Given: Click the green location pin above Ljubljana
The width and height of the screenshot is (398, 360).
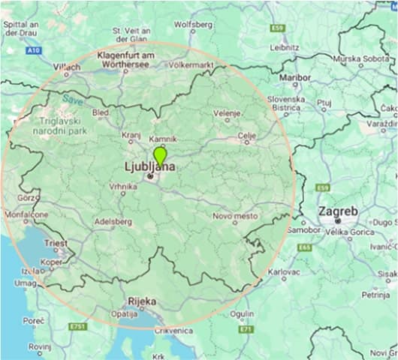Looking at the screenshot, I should (x=159, y=156).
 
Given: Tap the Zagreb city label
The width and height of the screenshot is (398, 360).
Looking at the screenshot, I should (x=337, y=211).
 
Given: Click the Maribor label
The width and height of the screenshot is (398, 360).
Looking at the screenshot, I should (x=294, y=77).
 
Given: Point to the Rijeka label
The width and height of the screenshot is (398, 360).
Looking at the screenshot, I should (x=141, y=301).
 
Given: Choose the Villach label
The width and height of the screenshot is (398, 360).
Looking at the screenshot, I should (x=66, y=67).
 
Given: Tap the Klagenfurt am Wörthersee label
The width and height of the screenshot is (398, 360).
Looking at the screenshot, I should (x=127, y=60).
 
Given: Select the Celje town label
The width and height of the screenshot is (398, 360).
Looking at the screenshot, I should (x=246, y=135).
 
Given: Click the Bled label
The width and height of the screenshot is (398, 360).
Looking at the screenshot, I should (x=100, y=112).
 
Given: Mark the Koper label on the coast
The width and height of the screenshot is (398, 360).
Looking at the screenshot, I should (x=52, y=262).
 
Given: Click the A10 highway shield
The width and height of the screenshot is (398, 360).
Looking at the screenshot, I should (x=32, y=50).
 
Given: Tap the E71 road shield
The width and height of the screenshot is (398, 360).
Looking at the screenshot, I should (x=246, y=328).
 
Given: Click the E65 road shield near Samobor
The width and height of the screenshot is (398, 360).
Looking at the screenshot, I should (x=304, y=247).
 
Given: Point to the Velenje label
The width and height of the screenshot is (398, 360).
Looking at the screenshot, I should (x=226, y=113).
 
